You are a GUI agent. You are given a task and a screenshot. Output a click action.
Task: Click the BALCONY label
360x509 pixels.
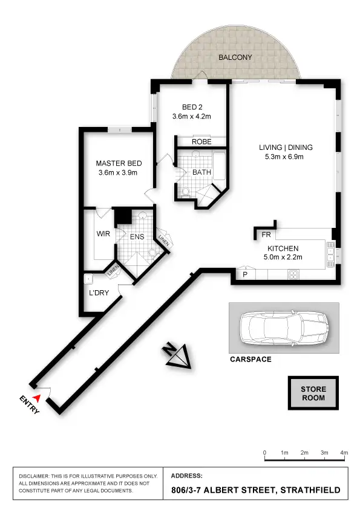tap(235, 57)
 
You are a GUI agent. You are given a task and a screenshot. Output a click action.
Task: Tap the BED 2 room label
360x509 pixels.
tap(192, 107)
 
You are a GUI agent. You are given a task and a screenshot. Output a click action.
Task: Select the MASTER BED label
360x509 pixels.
tap(119, 163)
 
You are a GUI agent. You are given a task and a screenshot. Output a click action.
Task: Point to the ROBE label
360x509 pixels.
tap(201, 141)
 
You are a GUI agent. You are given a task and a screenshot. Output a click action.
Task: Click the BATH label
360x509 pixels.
tap(201, 172)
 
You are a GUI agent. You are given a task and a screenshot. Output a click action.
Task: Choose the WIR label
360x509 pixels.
tap(103, 233)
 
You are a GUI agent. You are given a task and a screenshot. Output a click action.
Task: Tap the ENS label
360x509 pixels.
tap(137, 236)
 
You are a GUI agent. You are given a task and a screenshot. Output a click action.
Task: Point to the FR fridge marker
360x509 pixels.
tap(266, 235)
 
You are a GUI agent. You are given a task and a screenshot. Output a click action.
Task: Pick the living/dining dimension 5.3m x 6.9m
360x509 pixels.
tap(285, 157)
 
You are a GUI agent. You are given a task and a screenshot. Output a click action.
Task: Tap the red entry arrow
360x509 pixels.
tap(38, 397)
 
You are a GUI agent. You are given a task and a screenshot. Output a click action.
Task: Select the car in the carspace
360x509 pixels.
tap(283, 329)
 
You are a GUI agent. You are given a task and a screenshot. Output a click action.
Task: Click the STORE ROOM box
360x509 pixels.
tap(313, 394)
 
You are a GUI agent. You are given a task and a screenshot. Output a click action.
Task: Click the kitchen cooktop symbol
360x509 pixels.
tap(293, 274)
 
